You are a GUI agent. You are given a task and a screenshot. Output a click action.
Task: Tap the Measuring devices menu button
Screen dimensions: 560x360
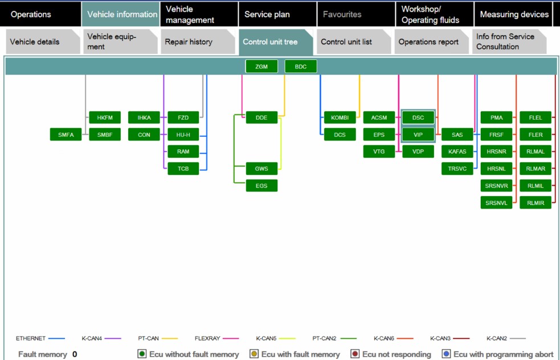click(514, 14)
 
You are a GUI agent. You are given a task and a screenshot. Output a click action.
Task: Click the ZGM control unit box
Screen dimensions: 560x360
click(261, 67)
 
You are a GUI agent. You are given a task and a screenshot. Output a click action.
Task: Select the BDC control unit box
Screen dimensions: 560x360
click(301, 67)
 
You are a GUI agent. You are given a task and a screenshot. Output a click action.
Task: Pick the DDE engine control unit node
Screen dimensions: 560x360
click(261, 117)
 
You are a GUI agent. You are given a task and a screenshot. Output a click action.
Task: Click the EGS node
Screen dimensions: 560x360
click(261, 186)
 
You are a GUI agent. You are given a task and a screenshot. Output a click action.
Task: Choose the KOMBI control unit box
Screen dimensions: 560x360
click(340, 117)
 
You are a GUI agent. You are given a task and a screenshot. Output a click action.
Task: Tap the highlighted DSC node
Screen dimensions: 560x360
click(418, 117)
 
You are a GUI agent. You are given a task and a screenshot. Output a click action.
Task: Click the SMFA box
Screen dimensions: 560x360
click(66, 134)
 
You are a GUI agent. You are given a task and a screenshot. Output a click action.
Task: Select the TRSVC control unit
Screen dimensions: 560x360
click(457, 169)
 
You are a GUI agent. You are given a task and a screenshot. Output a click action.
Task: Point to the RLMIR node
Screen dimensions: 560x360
click(536, 203)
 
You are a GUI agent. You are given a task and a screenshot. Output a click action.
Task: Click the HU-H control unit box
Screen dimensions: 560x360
click(183, 134)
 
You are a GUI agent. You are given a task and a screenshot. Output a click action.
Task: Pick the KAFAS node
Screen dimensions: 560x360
click(457, 152)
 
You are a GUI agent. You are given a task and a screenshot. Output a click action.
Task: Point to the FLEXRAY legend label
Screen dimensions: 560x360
click(207, 338)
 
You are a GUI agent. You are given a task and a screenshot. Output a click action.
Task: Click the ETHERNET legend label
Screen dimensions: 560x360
click(31, 338)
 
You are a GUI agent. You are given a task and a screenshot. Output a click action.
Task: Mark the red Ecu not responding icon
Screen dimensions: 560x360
click(355, 354)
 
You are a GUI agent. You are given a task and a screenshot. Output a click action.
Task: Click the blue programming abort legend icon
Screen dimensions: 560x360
click(446, 354)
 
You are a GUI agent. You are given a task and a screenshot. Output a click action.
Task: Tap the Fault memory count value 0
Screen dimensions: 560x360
click(75, 354)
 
